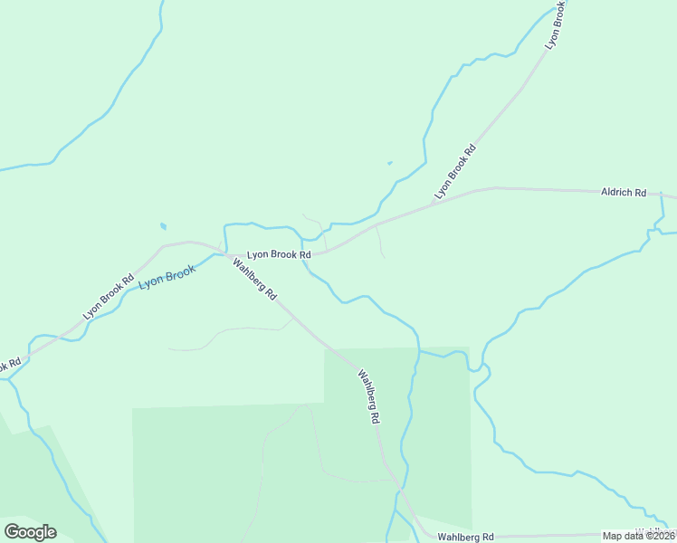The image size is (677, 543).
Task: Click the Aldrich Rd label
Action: click(624, 193)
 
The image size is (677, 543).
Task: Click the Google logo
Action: click(30, 532)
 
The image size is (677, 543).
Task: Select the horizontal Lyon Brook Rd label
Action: click(279, 255)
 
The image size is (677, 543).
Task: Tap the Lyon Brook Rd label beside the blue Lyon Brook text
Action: click(109, 296)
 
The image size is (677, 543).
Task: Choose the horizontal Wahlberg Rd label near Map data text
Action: click(465, 537)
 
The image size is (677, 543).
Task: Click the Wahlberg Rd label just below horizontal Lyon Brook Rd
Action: click(254, 281)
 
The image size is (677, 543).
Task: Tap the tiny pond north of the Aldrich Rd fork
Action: click(390, 164)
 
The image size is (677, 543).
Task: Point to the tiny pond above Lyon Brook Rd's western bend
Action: click(163, 225)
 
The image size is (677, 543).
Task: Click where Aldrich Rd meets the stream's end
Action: click(663, 194)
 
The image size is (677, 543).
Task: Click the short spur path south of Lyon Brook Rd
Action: click(379, 241)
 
